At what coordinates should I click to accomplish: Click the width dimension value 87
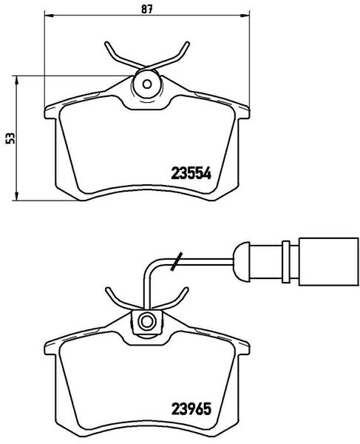tap(147, 9)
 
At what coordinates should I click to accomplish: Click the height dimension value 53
tap(10, 138)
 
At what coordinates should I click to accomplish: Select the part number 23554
tap(191, 173)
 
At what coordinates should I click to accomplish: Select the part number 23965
tap(191, 408)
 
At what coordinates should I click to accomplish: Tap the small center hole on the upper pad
tap(147, 84)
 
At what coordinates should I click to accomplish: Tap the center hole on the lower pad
tap(146, 321)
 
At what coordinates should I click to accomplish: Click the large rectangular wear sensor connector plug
tap(329, 261)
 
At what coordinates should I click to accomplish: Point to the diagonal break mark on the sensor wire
tap(177, 261)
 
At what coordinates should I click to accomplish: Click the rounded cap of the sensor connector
tap(241, 261)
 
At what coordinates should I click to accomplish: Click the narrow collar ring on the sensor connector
tap(286, 261)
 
